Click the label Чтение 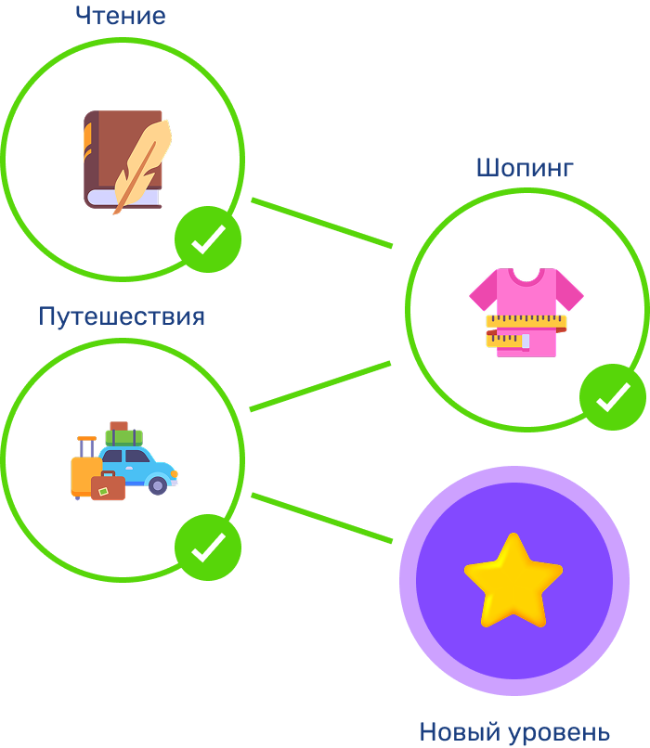121,16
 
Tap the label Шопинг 525,168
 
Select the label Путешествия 122,316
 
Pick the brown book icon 111,158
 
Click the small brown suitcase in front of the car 108,488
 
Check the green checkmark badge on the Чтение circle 208,239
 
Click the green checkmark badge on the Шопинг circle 613,397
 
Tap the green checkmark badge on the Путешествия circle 208,548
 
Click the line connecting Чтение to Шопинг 322,223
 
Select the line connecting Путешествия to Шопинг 320,386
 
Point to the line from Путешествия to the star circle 322,518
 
